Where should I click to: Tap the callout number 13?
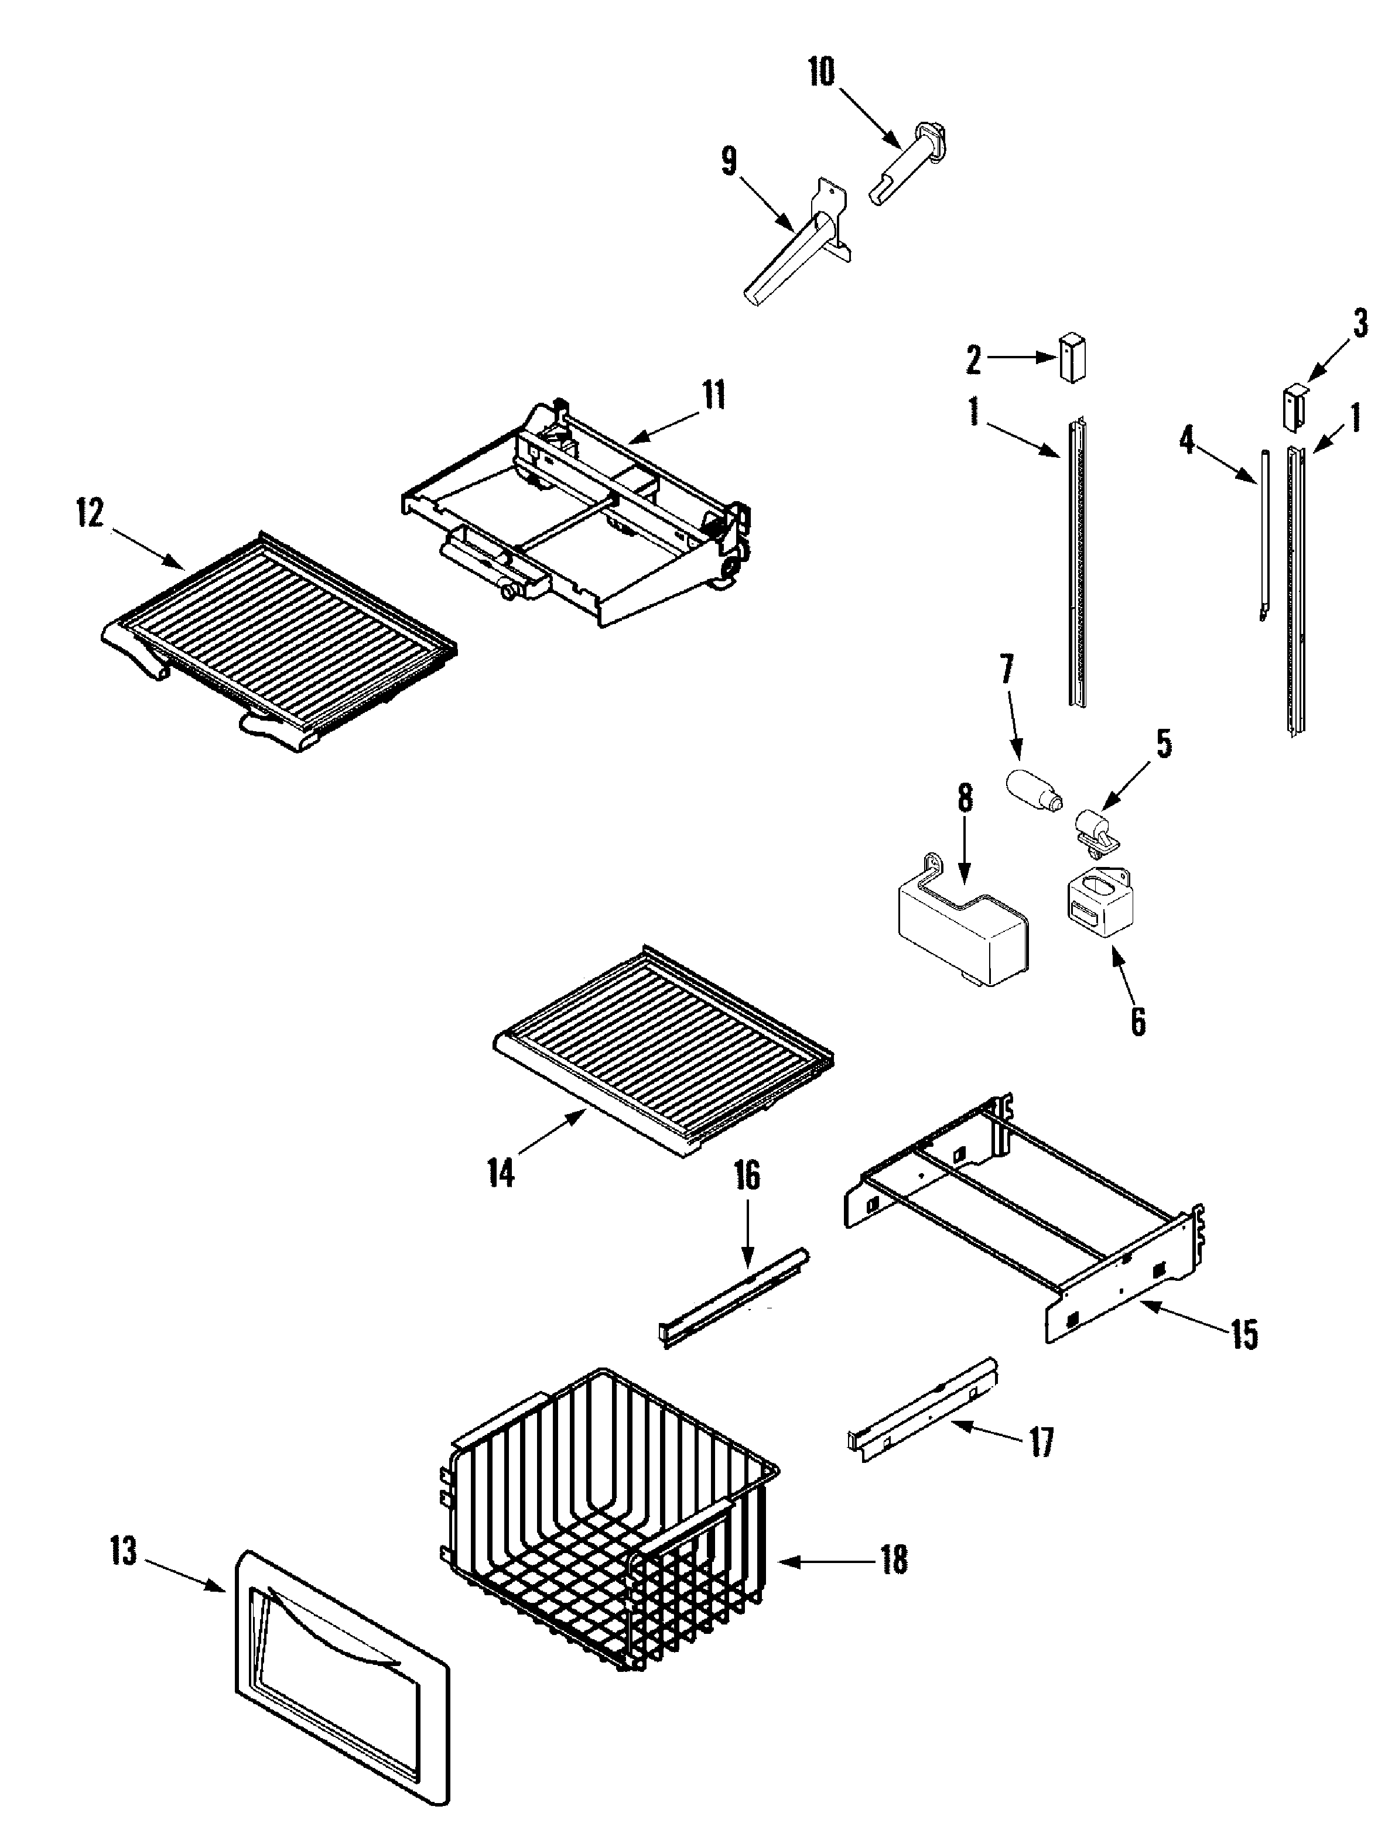click(x=124, y=1551)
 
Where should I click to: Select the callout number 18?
click(x=894, y=1560)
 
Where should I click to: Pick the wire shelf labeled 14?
click(x=665, y=1051)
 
